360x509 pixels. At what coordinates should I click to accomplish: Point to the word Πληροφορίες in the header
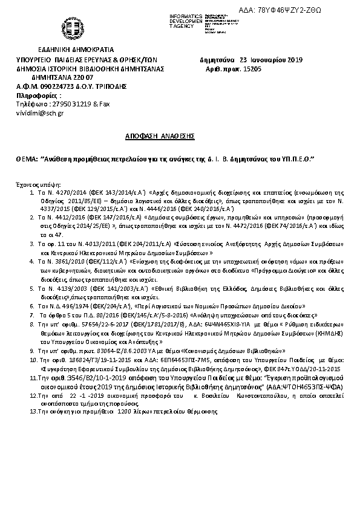(39, 96)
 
